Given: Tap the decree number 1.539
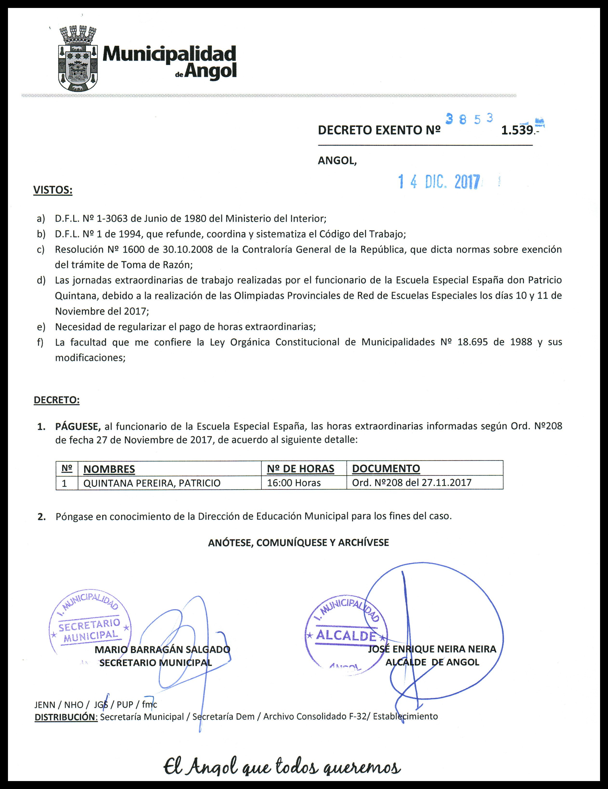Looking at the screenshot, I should click(517, 130).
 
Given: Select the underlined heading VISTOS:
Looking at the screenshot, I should click(53, 190).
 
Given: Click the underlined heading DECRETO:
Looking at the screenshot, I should click(56, 400).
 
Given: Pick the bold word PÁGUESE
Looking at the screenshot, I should click(78, 426).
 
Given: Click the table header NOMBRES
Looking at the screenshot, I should click(109, 469).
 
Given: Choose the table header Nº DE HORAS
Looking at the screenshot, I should click(300, 469).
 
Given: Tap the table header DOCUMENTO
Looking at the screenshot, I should click(386, 469).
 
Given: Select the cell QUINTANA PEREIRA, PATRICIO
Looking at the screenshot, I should click(152, 483).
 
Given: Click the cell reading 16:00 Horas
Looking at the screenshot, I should click(294, 483).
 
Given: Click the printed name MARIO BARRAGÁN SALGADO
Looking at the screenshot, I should click(162, 649).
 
